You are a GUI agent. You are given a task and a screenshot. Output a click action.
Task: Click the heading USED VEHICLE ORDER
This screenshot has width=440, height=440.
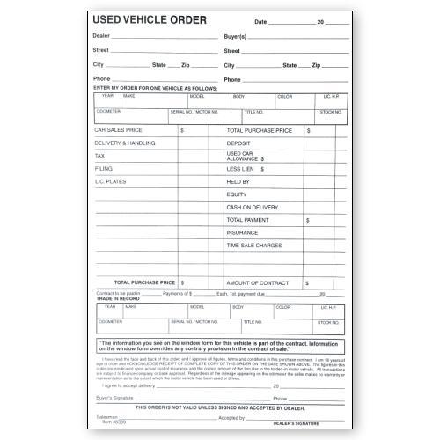150,19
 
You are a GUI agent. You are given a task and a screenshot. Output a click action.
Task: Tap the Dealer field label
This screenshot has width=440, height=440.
101,36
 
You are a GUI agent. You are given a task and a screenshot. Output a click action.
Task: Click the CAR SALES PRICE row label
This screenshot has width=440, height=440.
118,130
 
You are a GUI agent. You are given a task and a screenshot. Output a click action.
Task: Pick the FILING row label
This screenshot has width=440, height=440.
103,168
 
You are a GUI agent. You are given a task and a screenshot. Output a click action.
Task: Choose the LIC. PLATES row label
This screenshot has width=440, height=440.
111,181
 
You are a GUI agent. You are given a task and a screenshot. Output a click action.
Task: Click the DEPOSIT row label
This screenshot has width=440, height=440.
238,143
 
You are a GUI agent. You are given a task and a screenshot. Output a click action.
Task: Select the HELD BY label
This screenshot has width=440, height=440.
238,181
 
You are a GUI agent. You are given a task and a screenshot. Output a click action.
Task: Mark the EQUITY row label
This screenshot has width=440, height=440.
237,194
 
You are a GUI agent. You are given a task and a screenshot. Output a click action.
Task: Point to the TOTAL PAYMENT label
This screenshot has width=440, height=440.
248,220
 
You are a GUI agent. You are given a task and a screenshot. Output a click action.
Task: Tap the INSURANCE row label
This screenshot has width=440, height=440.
242,232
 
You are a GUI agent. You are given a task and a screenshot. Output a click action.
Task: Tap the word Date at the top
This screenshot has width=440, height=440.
260,21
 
